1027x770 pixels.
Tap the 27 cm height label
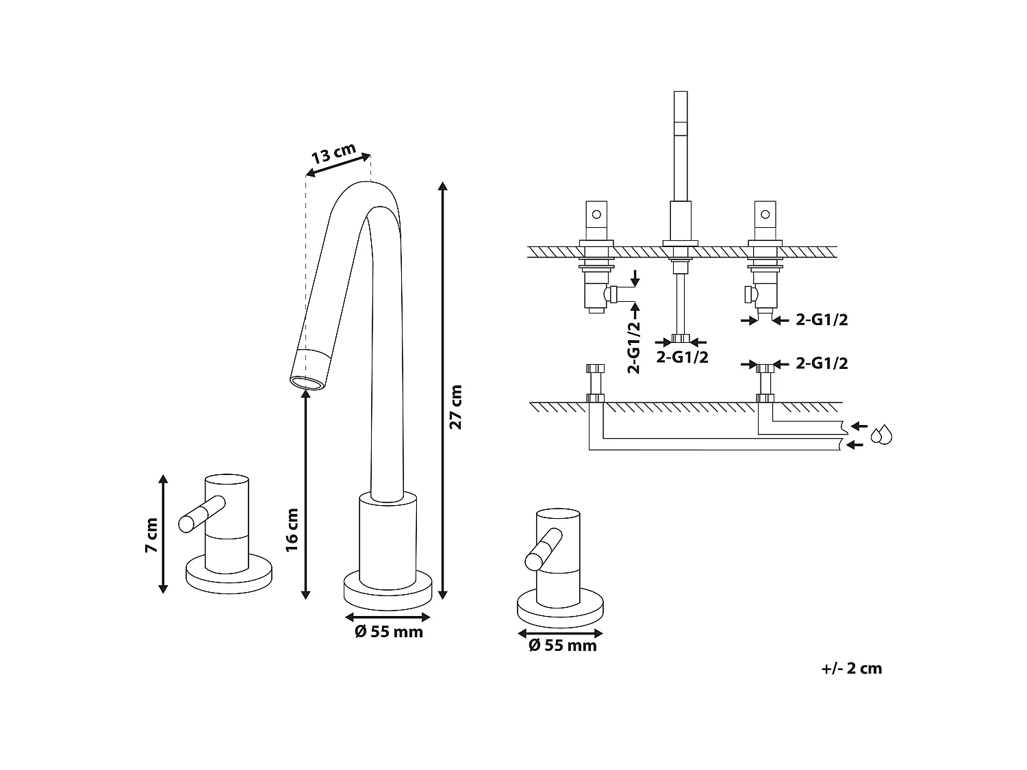click(x=455, y=407)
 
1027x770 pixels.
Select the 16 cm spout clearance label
click(x=292, y=530)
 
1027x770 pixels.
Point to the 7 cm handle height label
click(x=151, y=535)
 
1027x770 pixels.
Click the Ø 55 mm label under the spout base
click(x=388, y=632)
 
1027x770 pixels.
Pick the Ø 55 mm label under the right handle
click(x=562, y=645)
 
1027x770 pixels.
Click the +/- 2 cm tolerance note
click(x=852, y=669)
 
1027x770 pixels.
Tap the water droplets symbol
click(x=881, y=435)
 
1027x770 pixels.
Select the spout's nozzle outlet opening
click(x=307, y=383)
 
